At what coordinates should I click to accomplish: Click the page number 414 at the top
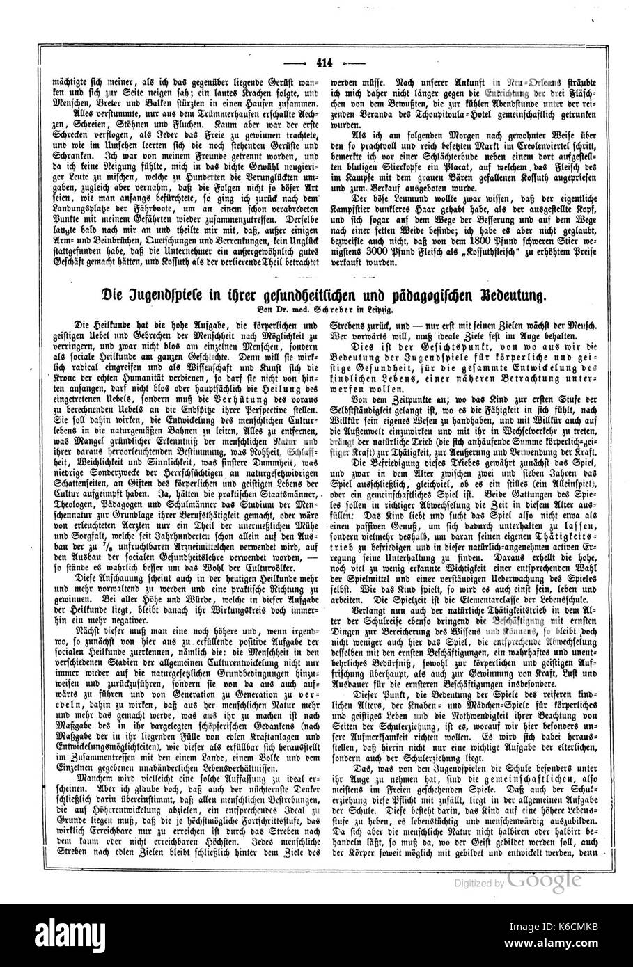(x=324, y=61)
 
